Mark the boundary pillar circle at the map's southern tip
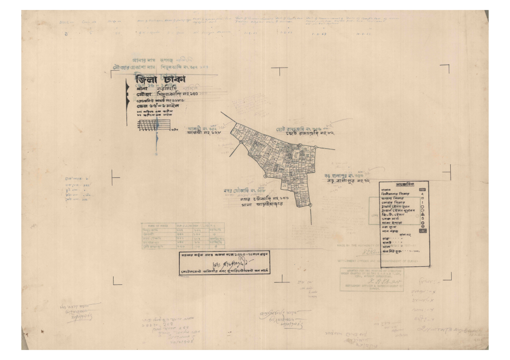point(310,205)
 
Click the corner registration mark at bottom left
point(117,282)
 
